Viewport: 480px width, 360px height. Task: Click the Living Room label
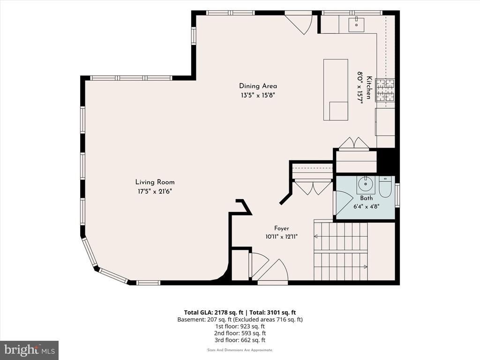[155, 182]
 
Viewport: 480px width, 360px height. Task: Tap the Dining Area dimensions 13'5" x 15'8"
[258, 95]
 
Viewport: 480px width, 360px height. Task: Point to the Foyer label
[281, 228]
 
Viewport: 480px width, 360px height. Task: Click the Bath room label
[367, 198]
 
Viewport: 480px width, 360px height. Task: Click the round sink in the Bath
[365, 184]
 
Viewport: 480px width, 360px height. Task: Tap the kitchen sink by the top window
[356, 24]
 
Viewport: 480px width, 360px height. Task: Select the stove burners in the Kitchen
[385, 90]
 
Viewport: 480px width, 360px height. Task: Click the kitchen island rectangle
[336, 90]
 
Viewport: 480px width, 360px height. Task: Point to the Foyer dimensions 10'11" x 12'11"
[282, 237]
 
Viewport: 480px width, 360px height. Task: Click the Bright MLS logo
[30, 350]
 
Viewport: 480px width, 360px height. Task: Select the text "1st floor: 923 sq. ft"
[240, 326]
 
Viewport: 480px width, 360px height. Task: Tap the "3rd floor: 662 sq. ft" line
[240, 340]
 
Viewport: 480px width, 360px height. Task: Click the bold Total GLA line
[240, 313]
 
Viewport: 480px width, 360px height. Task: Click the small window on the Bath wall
[397, 195]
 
